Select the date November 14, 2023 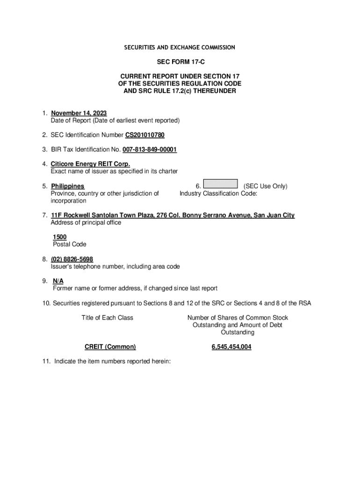(x=79, y=113)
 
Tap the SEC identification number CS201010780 (x=145, y=135)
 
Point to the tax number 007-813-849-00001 (x=150, y=150)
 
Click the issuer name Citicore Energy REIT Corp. (x=90, y=164)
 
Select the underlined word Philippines (x=68, y=186)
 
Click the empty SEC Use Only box (x=221, y=185)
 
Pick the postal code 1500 (x=59, y=237)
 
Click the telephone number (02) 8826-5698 (x=72, y=259)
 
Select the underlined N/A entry (x=58, y=281)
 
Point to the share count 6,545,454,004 (x=231, y=347)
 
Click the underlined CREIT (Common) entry (x=110, y=347)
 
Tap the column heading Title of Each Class (x=107, y=318)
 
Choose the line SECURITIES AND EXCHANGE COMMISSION (x=180, y=48)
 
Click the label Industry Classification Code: (x=218, y=193)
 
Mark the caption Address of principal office (x=86, y=223)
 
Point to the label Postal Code (x=70, y=244)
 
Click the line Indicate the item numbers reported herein (x=112, y=361)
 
